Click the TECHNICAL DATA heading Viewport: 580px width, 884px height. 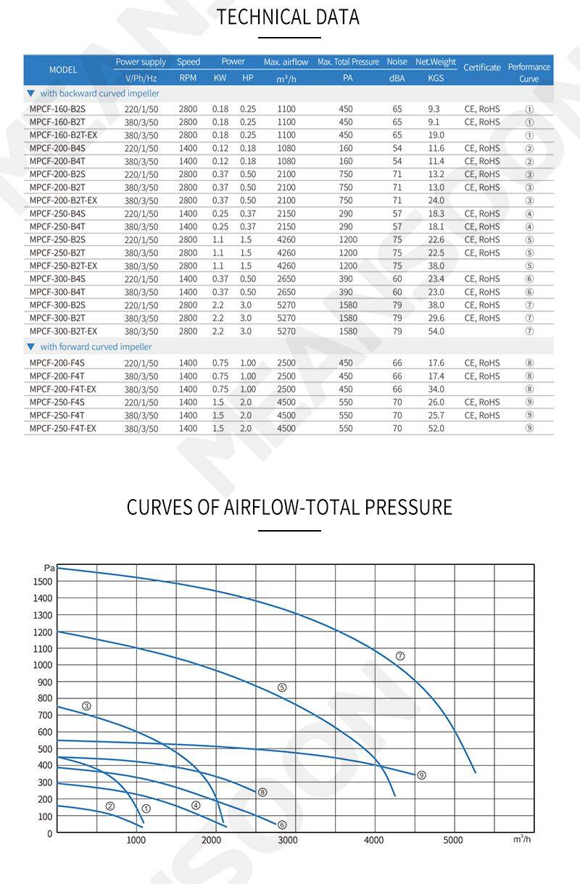pos(288,17)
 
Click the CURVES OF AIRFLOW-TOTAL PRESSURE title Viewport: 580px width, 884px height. pos(289,507)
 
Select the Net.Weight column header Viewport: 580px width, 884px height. pos(435,62)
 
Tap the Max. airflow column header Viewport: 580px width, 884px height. pos(286,62)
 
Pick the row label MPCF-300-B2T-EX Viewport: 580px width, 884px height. pos(63,331)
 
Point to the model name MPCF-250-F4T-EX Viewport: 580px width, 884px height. pos(62,428)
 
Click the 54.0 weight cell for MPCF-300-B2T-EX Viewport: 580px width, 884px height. pos(436,331)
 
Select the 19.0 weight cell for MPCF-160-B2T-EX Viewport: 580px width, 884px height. pos(436,135)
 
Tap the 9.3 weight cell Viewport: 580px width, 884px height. pos(434,109)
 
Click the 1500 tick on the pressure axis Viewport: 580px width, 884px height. pos(43,581)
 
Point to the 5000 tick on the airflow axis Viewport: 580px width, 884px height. pos(453,840)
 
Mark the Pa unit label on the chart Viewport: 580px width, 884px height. pos(49,568)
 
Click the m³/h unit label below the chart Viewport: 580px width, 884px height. pos(522,839)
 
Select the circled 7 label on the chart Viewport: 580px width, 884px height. pos(399,656)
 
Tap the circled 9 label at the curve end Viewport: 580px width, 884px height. pos(421,775)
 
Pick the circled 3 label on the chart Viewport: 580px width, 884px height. pos(86,706)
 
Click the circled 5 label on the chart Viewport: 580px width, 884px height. pos(282,687)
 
